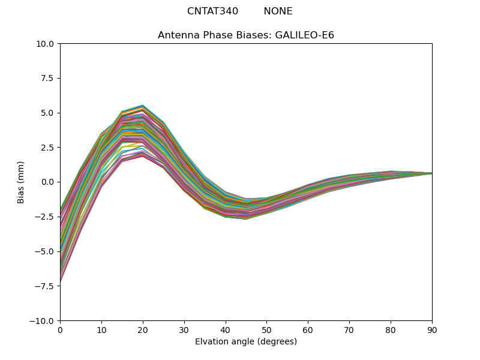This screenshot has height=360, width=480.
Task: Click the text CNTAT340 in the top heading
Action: pyautogui.click(x=212, y=11)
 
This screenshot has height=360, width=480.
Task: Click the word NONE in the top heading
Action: pyautogui.click(x=278, y=11)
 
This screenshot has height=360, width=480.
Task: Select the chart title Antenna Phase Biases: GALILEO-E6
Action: pyautogui.click(x=246, y=35)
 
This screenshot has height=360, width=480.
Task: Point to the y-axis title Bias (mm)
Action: pyautogui.click(x=21, y=182)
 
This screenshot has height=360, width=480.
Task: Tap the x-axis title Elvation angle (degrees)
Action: pyautogui.click(x=246, y=341)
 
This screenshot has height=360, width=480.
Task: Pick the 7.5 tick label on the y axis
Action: pyautogui.click(x=47, y=78)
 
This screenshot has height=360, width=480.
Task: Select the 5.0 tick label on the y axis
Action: pyautogui.click(x=47, y=113)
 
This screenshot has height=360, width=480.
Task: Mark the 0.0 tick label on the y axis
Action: pyautogui.click(x=47, y=182)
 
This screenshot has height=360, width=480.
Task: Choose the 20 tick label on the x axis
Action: pyautogui.click(x=143, y=330)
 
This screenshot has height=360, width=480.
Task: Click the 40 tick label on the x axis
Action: pyautogui.click(x=226, y=330)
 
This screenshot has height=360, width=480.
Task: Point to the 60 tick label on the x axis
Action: pyautogui.click(x=308, y=330)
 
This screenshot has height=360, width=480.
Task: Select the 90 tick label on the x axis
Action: pyautogui.click(x=432, y=330)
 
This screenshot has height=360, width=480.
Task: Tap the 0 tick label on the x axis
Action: pyautogui.click(x=60, y=330)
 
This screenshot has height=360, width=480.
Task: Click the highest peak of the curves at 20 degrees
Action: pyautogui.click(x=143, y=106)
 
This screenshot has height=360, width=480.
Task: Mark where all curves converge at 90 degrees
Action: pyautogui.click(x=431, y=173)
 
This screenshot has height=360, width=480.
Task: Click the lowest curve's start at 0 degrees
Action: pyautogui.click(x=61, y=281)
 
